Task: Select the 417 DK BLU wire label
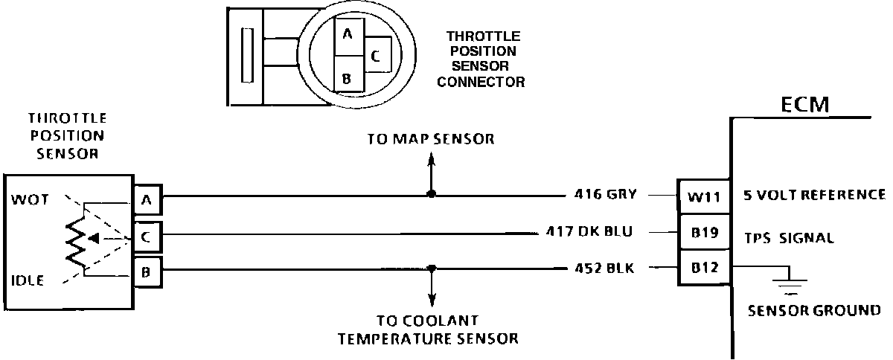(x=589, y=232)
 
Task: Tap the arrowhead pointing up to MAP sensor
(x=431, y=158)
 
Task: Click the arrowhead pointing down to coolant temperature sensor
(x=431, y=301)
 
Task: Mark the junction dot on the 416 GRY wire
(x=431, y=195)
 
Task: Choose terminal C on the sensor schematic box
(x=146, y=237)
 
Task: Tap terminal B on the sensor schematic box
(x=146, y=271)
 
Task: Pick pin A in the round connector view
(x=348, y=34)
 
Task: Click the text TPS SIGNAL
(x=788, y=238)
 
